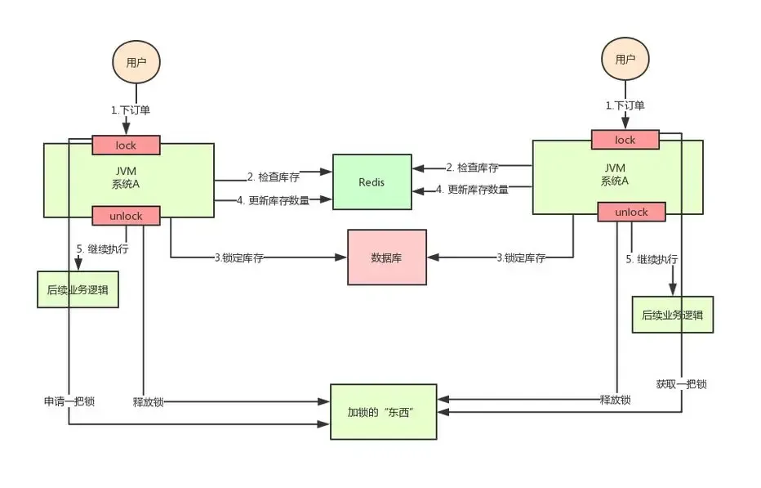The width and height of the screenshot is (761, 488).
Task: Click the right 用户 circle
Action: click(x=625, y=58)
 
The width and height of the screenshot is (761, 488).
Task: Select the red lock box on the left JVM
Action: click(x=126, y=146)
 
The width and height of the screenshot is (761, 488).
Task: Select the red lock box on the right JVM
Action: click(x=625, y=140)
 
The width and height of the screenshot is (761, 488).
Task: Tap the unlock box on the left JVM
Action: click(x=127, y=216)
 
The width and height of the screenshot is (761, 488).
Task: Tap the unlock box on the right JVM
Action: click(x=631, y=212)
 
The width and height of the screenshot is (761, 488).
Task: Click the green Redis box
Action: click(x=372, y=182)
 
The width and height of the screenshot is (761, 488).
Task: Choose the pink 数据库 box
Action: click(x=387, y=257)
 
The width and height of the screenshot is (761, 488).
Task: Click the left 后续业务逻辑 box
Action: click(x=78, y=289)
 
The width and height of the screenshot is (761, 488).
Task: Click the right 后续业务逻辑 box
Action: click(x=673, y=315)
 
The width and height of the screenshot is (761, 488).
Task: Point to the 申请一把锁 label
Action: click(x=69, y=401)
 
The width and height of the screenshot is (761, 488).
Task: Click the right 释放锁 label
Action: click(x=615, y=400)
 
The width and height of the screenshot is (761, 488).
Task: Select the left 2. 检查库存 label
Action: click(x=273, y=177)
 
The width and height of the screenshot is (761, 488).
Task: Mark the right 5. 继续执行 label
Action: click(x=652, y=259)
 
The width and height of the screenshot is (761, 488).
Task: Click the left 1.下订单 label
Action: click(x=131, y=110)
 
